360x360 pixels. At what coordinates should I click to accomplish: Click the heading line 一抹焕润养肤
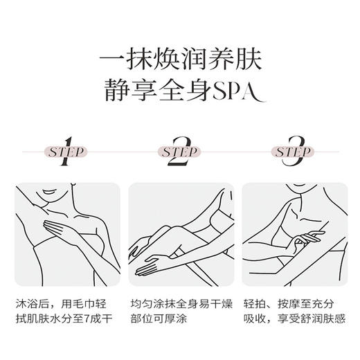[179, 56]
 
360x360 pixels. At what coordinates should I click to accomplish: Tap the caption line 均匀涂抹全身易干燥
[179, 303]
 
